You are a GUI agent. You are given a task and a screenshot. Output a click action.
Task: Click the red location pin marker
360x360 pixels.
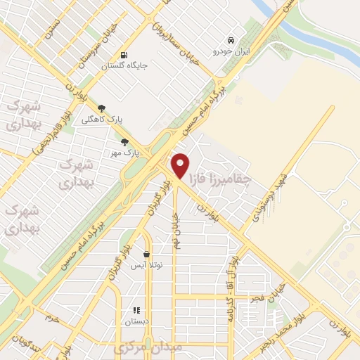point(181,165)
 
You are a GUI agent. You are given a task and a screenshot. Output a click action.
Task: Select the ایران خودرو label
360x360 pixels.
point(231,51)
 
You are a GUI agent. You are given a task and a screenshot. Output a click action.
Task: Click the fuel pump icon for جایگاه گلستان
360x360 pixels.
point(124,55)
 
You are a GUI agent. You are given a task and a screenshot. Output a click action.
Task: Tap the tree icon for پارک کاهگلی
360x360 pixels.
point(102,108)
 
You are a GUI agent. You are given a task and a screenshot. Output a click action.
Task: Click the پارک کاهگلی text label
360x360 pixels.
point(102,119)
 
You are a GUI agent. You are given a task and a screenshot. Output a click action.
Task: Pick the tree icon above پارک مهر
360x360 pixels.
point(124,141)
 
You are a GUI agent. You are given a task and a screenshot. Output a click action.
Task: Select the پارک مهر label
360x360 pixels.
point(127,152)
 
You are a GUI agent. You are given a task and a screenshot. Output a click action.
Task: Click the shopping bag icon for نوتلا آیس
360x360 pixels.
point(146,255)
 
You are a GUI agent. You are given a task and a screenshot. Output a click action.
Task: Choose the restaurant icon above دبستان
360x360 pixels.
point(136,309)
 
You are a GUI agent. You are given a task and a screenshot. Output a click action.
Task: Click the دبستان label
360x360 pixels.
point(137,321)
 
